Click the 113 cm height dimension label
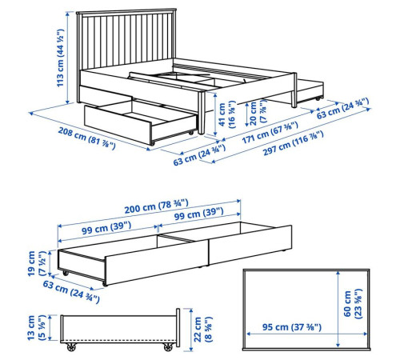coord(60,58)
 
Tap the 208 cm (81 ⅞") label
coord(87,138)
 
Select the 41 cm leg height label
coord(226,114)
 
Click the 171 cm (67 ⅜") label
coord(270,132)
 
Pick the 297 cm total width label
coord(294,143)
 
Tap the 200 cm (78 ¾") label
coord(156,206)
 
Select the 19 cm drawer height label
coord(37,263)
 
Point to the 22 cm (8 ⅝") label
coord(202,329)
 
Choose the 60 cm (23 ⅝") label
coord(353,304)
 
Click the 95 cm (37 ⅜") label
coord(292,327)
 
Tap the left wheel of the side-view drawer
coord(71,347)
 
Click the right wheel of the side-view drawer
coord(168,347)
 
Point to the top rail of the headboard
coord(126,11)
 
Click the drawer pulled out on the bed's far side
coord(310,90)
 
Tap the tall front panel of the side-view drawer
coord(178,327)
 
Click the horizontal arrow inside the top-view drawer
coord(307,334)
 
